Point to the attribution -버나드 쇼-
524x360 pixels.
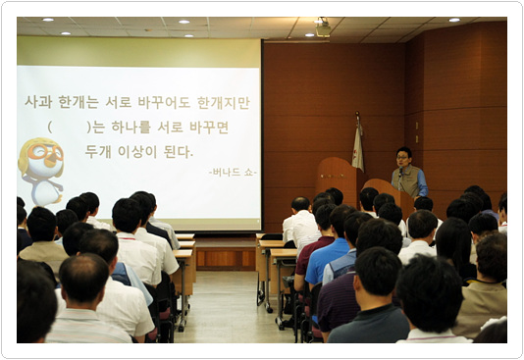[232, 172]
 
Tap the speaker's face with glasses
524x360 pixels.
[403, 157]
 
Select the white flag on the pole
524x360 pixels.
[358, 146]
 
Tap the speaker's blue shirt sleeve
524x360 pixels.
[422, 182]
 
